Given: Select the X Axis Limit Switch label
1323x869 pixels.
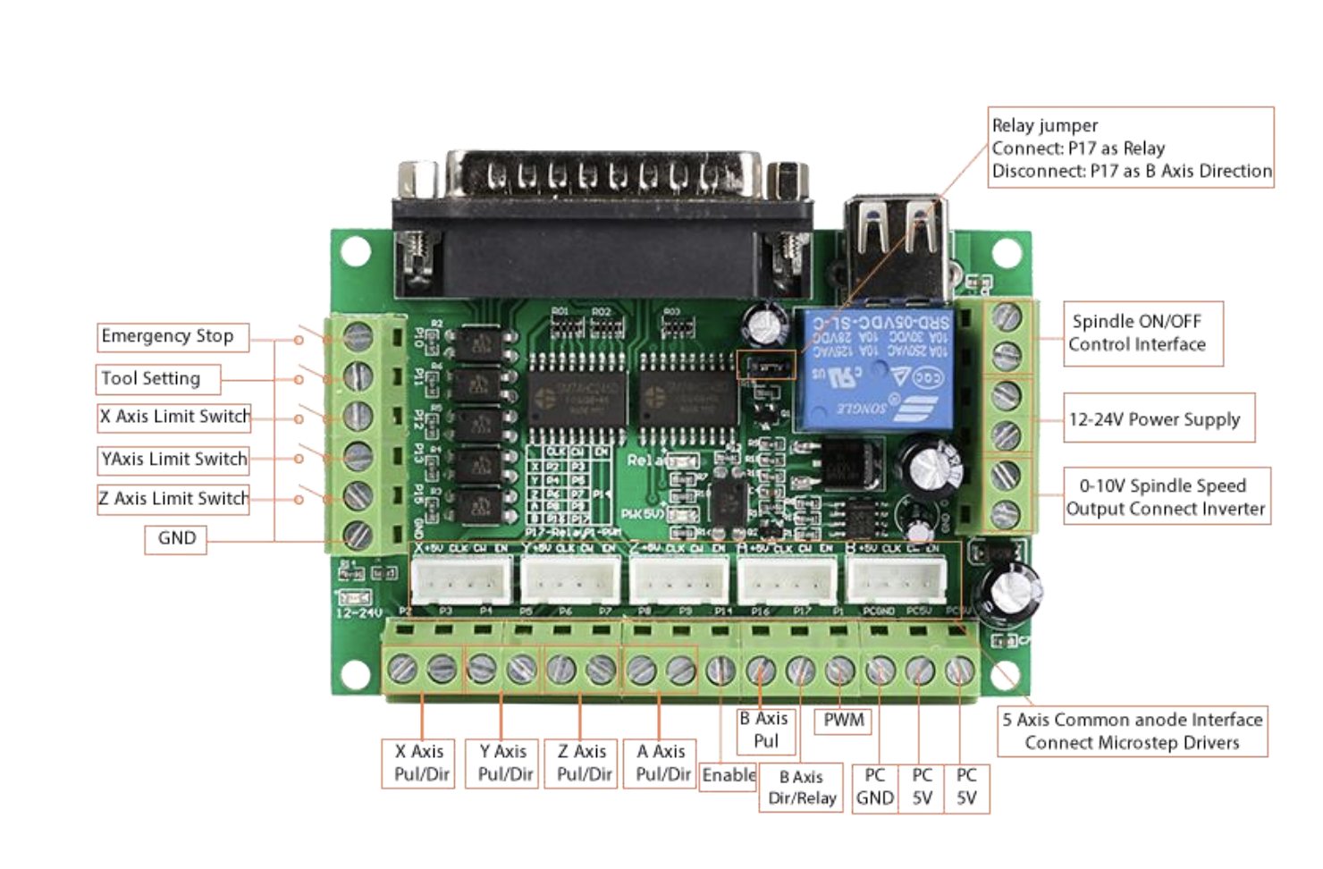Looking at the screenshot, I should click(174, 418).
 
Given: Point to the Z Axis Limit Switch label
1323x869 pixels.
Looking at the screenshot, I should click(173, 499).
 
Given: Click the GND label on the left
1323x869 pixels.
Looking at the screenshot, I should click(176, 539).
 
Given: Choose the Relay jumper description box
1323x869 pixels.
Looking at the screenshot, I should click(1131, 148).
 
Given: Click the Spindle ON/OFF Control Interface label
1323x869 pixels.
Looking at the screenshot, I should click(1142, 333).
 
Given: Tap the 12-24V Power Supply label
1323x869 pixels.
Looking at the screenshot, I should click(1159, 418).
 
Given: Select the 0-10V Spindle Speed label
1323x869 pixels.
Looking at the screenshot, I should click(1166, 496).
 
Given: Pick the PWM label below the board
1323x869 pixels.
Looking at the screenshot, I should click(843, 721).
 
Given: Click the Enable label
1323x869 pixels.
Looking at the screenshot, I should click(728, 775).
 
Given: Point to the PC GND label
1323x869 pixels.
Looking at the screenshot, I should click(874, 788).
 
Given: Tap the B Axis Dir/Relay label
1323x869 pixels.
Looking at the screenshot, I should click(801, 789).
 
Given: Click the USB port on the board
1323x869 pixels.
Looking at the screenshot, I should click(897, 245).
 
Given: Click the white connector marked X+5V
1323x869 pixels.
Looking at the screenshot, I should click(461, 579).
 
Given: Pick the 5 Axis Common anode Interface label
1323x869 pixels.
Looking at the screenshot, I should click(1132, 731).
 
